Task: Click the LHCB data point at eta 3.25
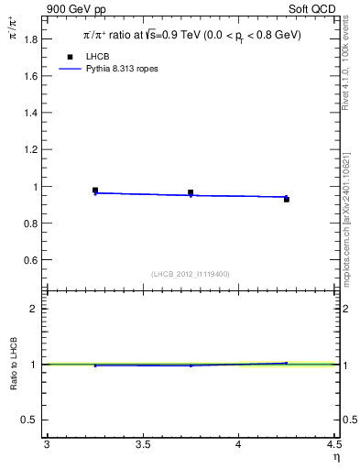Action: point(95,191)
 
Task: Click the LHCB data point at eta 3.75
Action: point(191,192)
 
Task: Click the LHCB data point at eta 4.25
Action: point(287,199)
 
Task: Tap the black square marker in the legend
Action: point(70,57)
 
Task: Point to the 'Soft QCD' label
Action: point(316,9)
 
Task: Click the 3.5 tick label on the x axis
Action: point(142,445)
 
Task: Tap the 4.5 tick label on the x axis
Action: point(333,445)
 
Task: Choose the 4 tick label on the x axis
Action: point(238,445)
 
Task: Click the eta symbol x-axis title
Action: point(335,456)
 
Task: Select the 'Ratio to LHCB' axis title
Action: point(14,365)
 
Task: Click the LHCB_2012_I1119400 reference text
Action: point(190,274)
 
